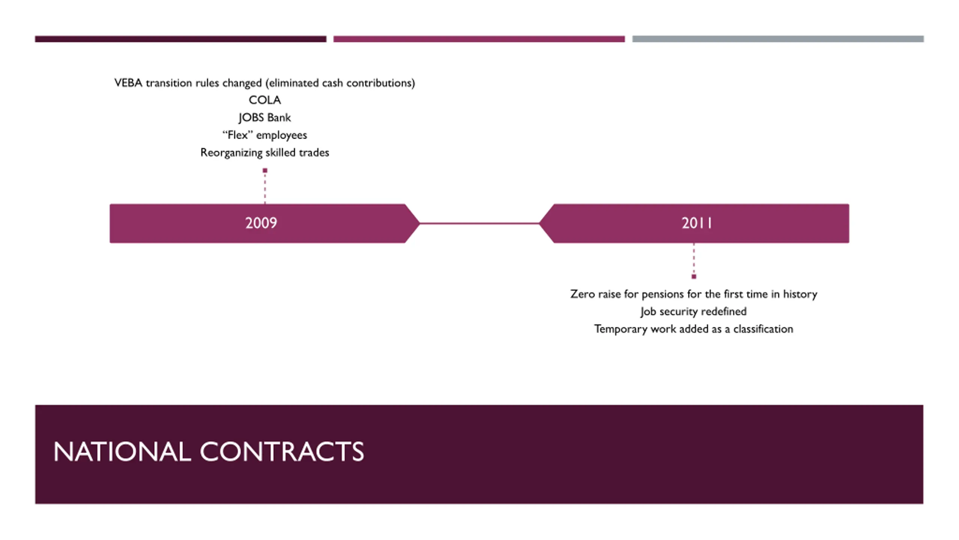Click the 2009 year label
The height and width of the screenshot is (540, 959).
[x=261, y=223]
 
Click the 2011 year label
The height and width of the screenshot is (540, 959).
[x=696, y=223]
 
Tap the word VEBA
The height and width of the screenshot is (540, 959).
[x=128, y=83]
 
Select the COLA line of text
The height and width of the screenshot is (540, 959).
[x=264, y=100]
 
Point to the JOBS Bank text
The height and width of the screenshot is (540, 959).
[x=264, y=118]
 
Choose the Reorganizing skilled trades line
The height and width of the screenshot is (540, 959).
[x=264, y=153]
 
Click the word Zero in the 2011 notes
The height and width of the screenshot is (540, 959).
[x=582, y=294]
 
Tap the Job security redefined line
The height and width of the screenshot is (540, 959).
[x=693, y=312]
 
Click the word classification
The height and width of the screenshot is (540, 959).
[x=763, y=329]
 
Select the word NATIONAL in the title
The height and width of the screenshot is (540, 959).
[x=122, y=451]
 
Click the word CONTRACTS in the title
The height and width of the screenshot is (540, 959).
[x=282, y=451]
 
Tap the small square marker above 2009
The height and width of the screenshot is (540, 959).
[x=265, y=171]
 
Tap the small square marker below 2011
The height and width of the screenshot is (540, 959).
[x=694, y=277]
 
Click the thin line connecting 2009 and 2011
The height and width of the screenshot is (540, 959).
[x=479, y=223]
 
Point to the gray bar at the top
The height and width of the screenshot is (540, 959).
[x=778, y=39]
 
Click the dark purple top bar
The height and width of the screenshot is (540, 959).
[x=181, y=39]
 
